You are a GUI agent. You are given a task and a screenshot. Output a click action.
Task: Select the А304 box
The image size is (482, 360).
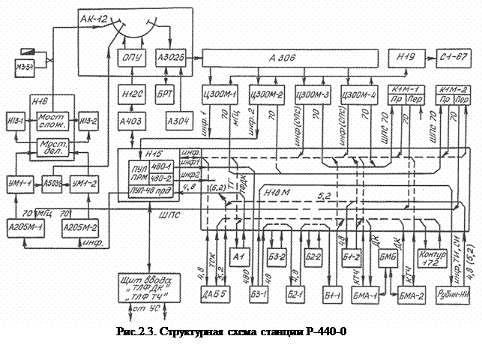point(176,121)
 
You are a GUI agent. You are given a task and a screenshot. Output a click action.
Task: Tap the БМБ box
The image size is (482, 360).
point(388,259)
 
